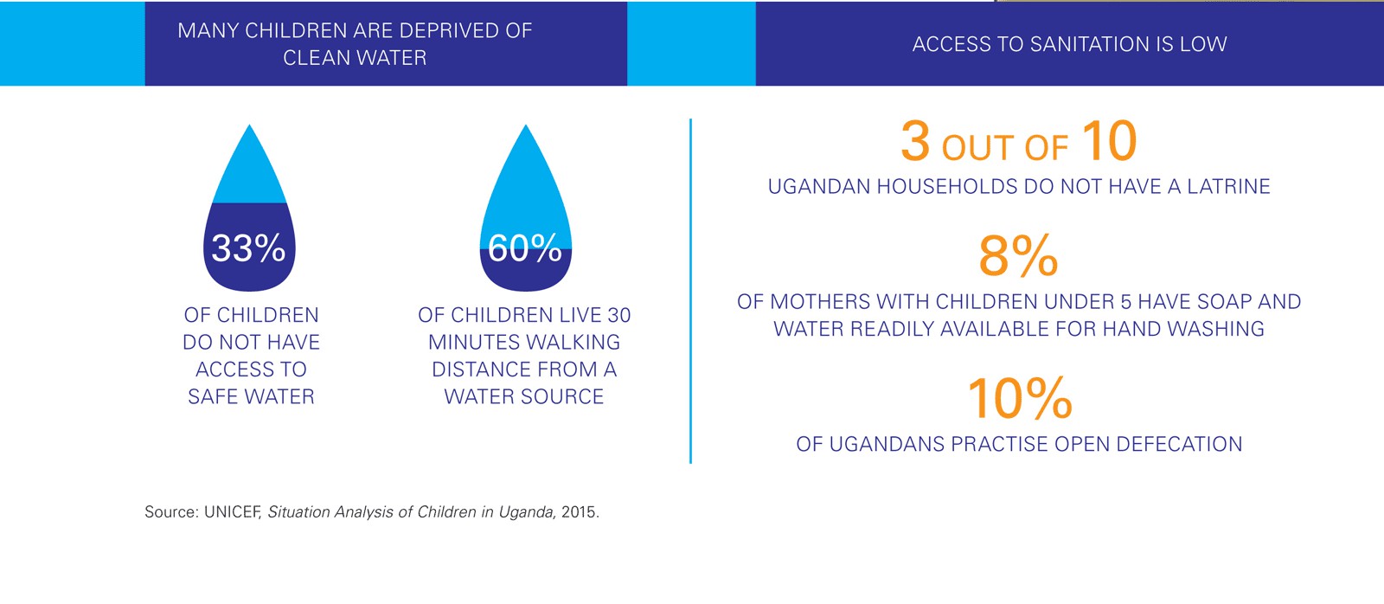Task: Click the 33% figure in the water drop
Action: tap(248, 248)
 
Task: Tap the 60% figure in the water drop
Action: tap(524, 248)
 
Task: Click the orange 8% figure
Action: tap(1018, 256)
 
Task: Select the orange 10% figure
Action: tap(1019, 398)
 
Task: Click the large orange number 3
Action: tap(915, 141)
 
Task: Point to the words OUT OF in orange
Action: tap(1004, 148)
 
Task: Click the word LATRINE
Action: tap(1228, 187)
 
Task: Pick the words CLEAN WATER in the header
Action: tap(355, 58)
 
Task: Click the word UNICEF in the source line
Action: tap(233, 512)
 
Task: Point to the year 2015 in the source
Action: tap(578, 512)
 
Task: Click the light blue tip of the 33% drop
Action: tap(249, 169)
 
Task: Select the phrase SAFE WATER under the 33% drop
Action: tap(251, 397)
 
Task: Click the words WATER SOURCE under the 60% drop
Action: tap(523, 397)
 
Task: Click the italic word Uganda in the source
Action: tap(526, 512)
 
